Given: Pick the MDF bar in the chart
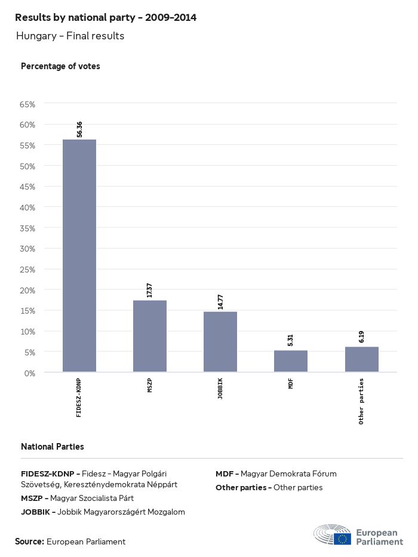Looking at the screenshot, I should click(291, 361).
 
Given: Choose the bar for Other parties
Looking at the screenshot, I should click(361, 359).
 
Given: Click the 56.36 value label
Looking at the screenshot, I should click(79, 129).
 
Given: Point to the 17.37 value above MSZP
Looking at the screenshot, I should click(150, 290).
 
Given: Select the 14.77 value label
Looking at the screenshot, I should click(220, 302).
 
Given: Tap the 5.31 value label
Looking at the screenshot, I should click(291, 341).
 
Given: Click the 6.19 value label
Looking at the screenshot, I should click(361, 337).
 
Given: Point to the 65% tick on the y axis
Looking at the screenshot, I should click(28, 104).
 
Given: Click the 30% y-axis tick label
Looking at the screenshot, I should click(28, 249).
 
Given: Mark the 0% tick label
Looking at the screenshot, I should click(30, 373).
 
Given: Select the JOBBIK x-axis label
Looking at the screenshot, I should click(220, 388).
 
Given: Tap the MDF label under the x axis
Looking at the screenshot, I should click(291, 383).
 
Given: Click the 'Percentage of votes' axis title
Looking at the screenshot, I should click(60, 66).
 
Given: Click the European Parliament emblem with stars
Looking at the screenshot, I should click(342, 539).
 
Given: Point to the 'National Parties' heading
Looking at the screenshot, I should click(53, 446).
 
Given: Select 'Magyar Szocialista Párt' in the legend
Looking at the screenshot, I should click(92, 498).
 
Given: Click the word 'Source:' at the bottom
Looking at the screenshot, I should click(29, 541).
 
